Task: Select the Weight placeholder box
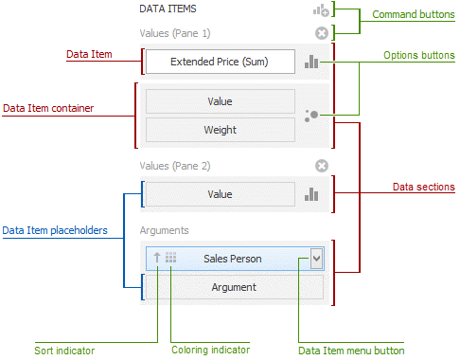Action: tap(219, 130)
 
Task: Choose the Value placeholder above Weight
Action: tap(219, 101)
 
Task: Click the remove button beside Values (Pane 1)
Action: tap(321, 32)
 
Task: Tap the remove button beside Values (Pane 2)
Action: tap(321, 166)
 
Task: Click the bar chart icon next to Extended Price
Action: tap(312, 62)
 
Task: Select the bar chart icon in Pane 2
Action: tap(312, 194)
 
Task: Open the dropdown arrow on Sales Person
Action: tap(317, 258)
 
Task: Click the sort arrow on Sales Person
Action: tap(157, 258)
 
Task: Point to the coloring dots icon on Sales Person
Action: tap(170, 258)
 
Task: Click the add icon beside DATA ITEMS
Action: tap(321, 10)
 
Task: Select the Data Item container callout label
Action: tap(48, 109)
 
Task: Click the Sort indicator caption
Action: tap(64, 351)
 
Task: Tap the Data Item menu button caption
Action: tap(351, 351)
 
